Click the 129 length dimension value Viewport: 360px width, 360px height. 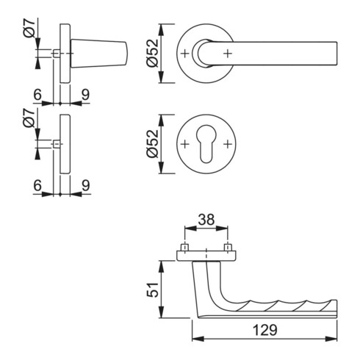coord(265,330)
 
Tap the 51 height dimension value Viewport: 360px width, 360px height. coord(153,289)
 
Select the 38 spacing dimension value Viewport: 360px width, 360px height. coord(206,220)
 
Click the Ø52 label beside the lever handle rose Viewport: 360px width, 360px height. coord(153,53)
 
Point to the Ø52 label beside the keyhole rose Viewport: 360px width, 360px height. coord(153,144)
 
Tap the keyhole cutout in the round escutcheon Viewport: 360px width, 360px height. coord(206,144)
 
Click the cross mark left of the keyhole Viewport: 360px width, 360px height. coord(185,144)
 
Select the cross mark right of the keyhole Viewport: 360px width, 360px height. coord(228,144)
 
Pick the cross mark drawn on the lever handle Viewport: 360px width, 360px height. coord(228,54)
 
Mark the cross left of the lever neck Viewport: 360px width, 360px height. coord(185,54)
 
